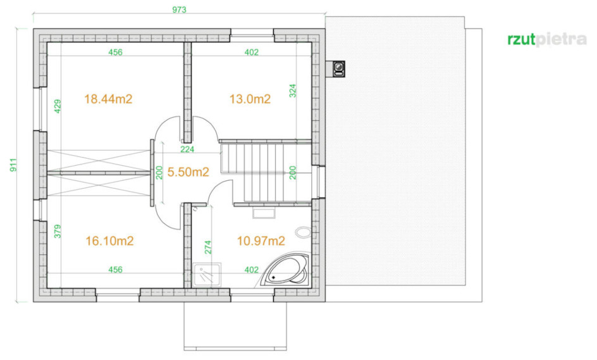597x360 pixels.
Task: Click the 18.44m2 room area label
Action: click(108, 99)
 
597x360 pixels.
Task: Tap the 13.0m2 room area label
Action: click(250, 99)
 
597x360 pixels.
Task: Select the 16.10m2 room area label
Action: click(109, 241)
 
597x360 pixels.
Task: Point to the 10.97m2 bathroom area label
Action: click(261, 241)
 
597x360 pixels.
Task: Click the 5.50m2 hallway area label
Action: click(188, 172)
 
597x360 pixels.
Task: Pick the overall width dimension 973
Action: click(179, 9)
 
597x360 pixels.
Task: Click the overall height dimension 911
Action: click(13, 164)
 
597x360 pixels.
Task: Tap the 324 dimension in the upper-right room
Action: click(292, 90)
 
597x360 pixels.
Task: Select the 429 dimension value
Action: click(58, 106)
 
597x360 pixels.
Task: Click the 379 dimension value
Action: click(58, 231)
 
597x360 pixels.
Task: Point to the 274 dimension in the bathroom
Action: click(208, 247)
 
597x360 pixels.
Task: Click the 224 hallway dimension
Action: click(187, 149)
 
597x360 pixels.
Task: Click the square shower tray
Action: click(207, 275)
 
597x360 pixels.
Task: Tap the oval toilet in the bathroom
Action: click(304, 232)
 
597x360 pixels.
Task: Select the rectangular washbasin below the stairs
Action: click(264, 213)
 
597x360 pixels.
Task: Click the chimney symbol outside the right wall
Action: click(338, 68)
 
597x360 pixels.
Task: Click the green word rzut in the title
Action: click(521, 40)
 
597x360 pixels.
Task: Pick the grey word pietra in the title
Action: click(561, 40)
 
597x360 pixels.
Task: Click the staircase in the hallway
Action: click(266, 171)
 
